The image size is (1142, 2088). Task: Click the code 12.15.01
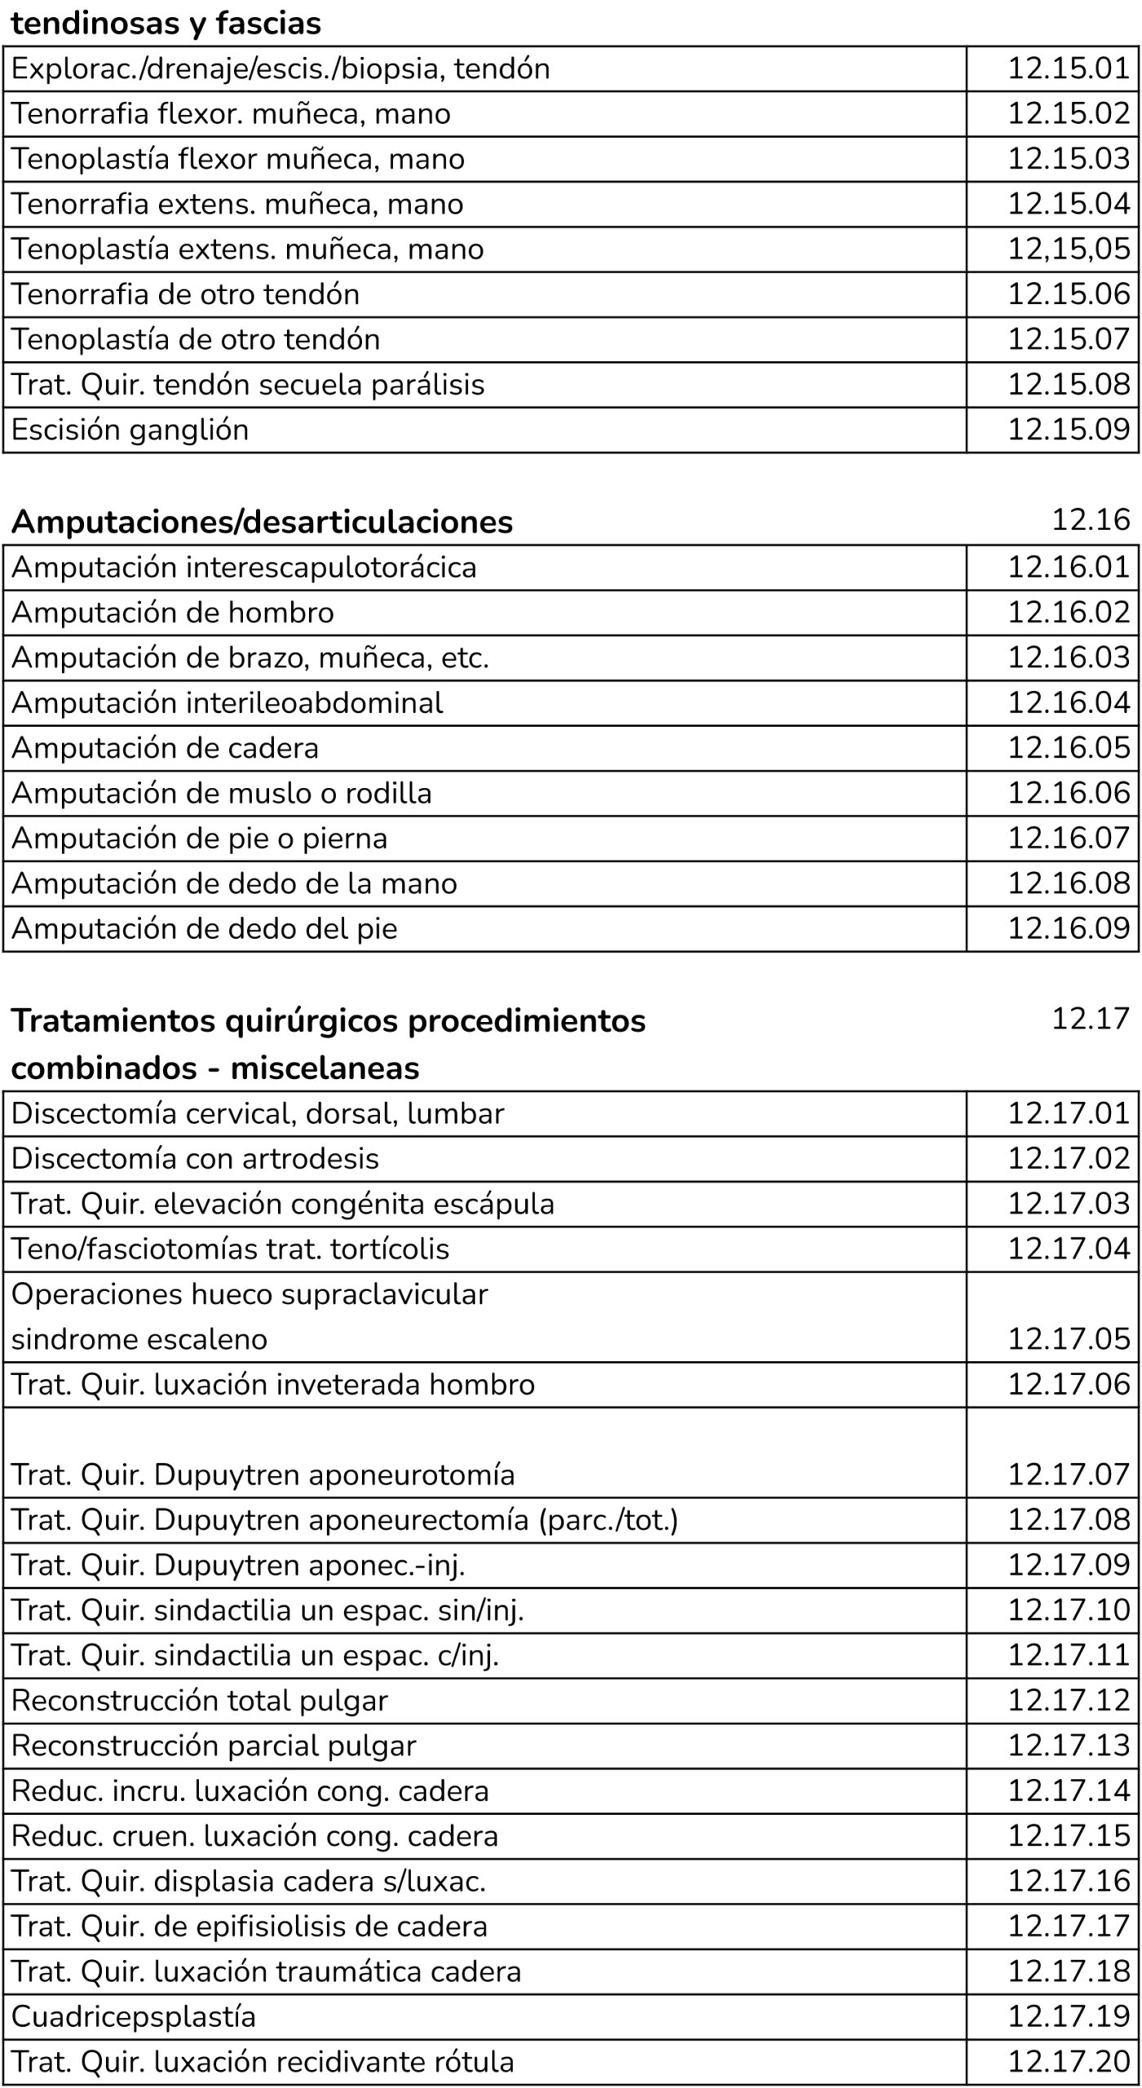[x=1069, y=68]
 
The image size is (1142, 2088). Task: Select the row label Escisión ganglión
[x=130, y=430]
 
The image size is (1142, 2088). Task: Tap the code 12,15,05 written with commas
[x=1069, y=249]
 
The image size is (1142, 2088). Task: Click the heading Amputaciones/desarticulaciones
[x=262, y=522]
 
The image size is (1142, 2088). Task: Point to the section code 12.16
[x=1091, y=520]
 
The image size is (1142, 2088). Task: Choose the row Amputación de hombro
[x=172, y=613]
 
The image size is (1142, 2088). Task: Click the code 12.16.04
[x=1069, y=702]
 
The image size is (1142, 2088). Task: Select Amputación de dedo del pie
[x=204, y=928]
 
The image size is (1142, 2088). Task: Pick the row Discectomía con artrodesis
[x=195, y=1158]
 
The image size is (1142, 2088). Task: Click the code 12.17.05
[x=1069, y=1338]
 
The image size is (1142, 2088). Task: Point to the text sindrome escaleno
[x=139, y=1339]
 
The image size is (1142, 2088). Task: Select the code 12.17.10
[x=1069, y=1610]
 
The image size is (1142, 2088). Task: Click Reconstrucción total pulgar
[x=199, y=1701]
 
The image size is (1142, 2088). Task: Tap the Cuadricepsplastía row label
[x=134, y=2016]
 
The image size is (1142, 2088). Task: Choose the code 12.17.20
[x=1069, y=2061]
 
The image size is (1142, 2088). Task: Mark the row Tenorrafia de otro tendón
[x=185, y=294]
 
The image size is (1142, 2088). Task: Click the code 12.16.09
[x=1069, y=928]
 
